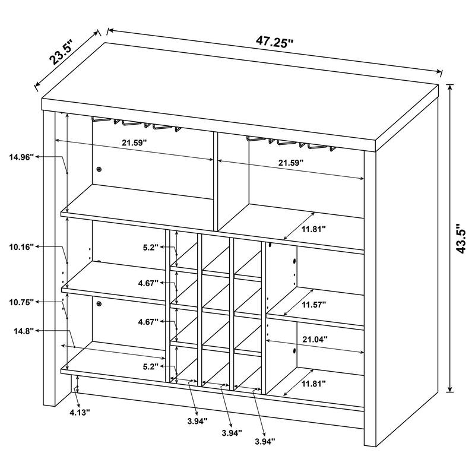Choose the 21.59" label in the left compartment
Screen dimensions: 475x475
[134, 143]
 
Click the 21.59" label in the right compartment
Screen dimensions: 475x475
[290, 161]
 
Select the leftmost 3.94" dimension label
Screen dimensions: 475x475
[197, 421]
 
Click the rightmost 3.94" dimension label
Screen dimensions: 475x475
[265, 441]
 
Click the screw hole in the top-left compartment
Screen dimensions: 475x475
[99, 169]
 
